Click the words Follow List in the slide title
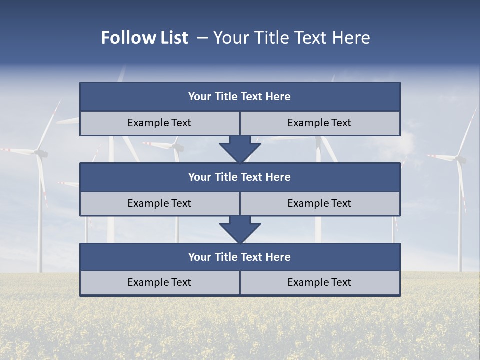click(x=144, y=38)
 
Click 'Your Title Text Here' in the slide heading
click(x=291, y=38)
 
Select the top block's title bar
click(x=240, y=97)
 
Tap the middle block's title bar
click(x=240, y=177)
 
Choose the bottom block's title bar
click(x=240, y=257)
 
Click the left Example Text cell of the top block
click(x=159, y=123)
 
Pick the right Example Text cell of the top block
click(x=319, y=123)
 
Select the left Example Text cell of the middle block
click(x=159, y=203)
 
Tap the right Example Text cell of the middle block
click(x=319, y=203)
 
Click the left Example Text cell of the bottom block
click(x=159, y=282)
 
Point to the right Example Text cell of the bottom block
click(x=319, y=282)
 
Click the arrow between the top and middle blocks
click(x=240, y=149)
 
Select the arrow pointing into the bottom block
click(x=240, y=229)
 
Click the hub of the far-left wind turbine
click(x=40, y=153)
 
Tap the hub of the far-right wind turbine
click(x=459, y=159)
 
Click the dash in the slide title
click(x=202, y=38)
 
